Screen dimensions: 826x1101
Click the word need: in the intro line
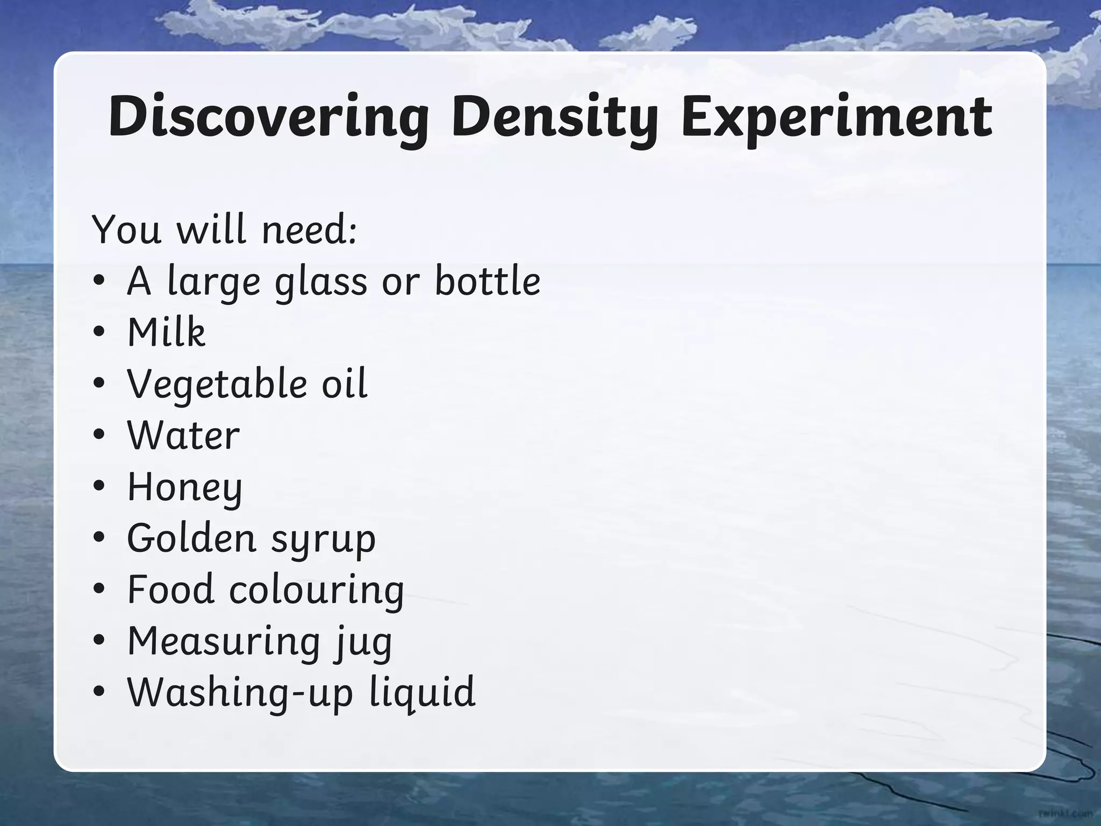click(309, 229)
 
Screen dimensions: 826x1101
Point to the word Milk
click(166, 332)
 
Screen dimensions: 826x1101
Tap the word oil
click(345, 383)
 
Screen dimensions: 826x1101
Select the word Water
click(183, 435)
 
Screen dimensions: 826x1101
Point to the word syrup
click(323, 539)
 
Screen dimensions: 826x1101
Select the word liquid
click(423, 693)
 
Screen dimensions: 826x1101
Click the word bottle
click(487, 281)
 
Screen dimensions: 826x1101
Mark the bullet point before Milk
click(98, 332)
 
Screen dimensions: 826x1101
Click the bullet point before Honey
click(98, 486)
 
